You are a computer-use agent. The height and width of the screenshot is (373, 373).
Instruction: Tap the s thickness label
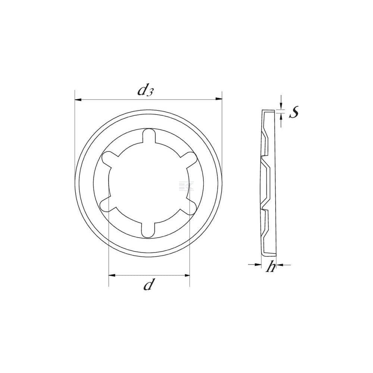(x=294, y=112)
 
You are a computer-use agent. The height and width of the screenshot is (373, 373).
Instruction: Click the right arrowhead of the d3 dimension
(x=219, y=98)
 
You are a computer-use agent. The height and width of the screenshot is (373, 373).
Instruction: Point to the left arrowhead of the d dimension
(x=112, y=275)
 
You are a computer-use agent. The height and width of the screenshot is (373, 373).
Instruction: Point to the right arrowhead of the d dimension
(x=186, y=276)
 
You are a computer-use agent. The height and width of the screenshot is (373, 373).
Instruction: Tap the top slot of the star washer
(x=149, y=136)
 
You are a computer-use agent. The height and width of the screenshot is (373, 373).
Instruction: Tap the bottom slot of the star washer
(x=148, y=230)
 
